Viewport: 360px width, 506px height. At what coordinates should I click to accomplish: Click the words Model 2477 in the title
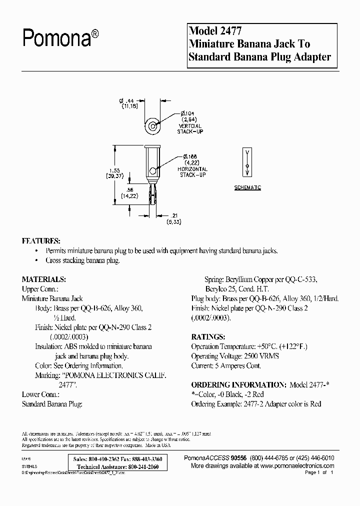(214, 31)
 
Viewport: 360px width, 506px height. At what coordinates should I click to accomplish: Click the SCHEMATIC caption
(247, 187)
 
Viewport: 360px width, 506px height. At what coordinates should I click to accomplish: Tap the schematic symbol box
(247, 162)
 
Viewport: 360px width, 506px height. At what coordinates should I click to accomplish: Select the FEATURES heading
(41, 240)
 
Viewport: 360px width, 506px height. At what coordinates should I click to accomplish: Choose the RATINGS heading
(208, 336)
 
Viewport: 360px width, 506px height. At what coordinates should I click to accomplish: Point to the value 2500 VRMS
(261, 356)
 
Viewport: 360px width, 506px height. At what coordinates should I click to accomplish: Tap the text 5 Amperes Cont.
(240, 365)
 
